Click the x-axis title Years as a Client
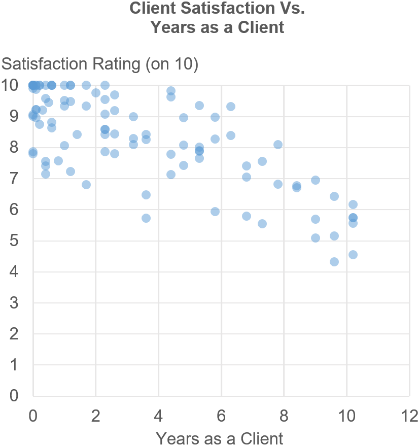pyautogui.click(x=219, y=438)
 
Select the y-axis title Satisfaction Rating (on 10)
pyautogui.click(x=100, y=64)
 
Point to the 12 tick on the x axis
pyautogui.click(x=409, y=417)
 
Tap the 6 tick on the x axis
pyautogui.click(x=221, y=417)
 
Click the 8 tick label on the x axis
pyautogui.click(x=284, y=417)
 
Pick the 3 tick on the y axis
pyautogui.click(x=14, y=303)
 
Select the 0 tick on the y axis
pyautogui.click(x=14, y=396)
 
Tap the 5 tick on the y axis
pyautogui.click(x=14, y=241)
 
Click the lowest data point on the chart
pyautogui.click(x=334, y=262)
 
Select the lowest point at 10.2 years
pyautogui.click(x=353, y=255)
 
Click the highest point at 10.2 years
pyautogui.click(x=353, y=204)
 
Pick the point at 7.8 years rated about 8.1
pyautogui.click(x=278, y=145)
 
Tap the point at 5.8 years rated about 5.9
pyautogui.click(x=215, y=212)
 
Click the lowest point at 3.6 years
pyautogui.click(x=146, y=218)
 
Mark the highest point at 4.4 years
pyautogui.click(x=171, y=91)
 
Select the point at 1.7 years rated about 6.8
pyautogui.click(x=86, y=185)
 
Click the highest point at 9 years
pyautogui.click(x=316, y=180)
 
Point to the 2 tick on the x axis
pyautogui.click(x=96, y=417)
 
